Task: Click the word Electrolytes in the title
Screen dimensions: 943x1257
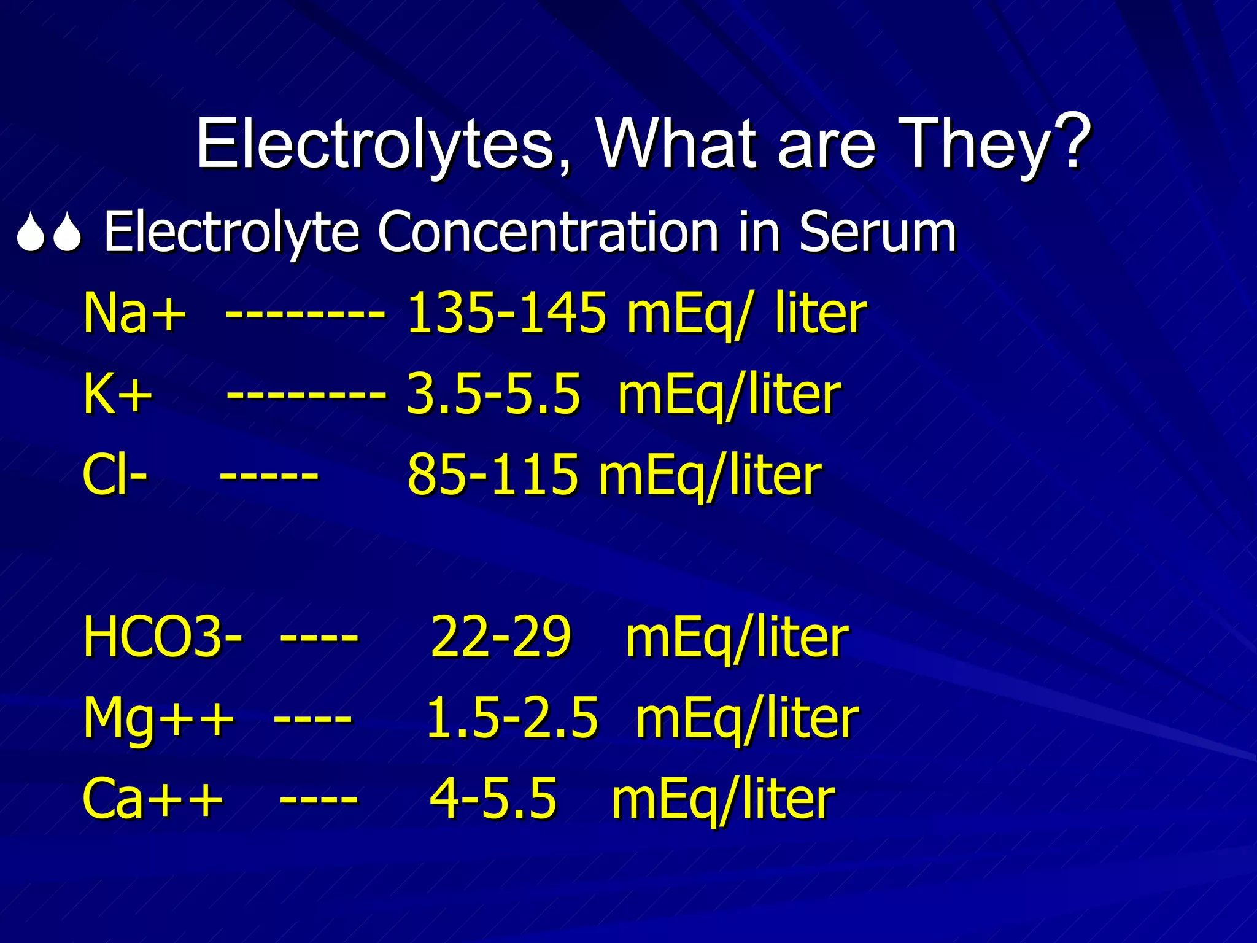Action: (x=375, y=145)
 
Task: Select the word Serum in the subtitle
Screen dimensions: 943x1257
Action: (x=878, y=232)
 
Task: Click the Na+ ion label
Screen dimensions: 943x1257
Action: (x=134, y=313)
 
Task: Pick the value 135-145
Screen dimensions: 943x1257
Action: (x=506, y=313)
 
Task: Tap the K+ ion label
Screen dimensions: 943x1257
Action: (x=117, y=394)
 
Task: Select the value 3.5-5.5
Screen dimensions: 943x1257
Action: (x=493, y=394)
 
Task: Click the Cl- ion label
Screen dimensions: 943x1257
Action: (x=114, y=475)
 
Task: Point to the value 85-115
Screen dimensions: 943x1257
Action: (x=493, y=475)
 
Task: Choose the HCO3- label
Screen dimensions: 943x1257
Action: (x=162, y=637)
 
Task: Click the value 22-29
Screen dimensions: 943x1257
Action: (x=500, y=637)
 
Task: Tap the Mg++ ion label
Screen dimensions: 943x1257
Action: (x=158, y=718)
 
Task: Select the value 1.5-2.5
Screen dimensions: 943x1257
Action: (x=511, y=718)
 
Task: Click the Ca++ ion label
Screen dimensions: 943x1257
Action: (x=152, y=799)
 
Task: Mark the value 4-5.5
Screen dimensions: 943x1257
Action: (x=493, y=799)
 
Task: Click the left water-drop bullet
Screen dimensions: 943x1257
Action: (x=29, y=233)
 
